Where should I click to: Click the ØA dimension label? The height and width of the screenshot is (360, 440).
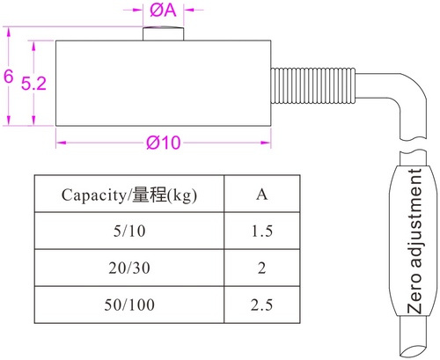[x=163, y=10]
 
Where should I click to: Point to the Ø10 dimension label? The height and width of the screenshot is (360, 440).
[x=164, y=143]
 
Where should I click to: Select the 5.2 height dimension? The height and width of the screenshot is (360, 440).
[x=33, y=84]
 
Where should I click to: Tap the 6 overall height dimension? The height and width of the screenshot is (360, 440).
[x=9, y=77]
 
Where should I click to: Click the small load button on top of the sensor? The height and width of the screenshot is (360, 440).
[x=163, y=33]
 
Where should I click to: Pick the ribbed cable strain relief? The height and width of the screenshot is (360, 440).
[x=313, y=85]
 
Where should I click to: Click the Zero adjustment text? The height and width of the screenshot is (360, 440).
[x=414, y=241]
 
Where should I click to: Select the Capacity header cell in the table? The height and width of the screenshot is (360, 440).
[x=129, y=194]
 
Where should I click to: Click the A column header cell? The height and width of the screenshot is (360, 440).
[x=262, y=194]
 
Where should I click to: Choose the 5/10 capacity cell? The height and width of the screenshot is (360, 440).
[x=129, y=231]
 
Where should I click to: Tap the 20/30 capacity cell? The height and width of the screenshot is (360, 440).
[x=129, y=268]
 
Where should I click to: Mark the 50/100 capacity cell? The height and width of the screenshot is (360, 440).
[x=129, y=305]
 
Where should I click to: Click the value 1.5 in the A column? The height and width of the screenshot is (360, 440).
[x=262, y=231]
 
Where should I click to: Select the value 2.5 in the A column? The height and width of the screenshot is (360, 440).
[x=261, y=305]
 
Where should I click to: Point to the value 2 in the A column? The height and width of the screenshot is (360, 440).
[x=262, y=268]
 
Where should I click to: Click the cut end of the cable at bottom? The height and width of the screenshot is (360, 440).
[x=413, y=349]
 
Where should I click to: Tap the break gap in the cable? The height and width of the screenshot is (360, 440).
[x=413, y=145]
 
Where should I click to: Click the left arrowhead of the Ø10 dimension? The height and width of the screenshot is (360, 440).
[x=61, y=143]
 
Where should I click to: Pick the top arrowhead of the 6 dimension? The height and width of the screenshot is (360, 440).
[x=9, y=32]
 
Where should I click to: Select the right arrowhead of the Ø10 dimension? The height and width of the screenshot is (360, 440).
[x=266, y=143]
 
